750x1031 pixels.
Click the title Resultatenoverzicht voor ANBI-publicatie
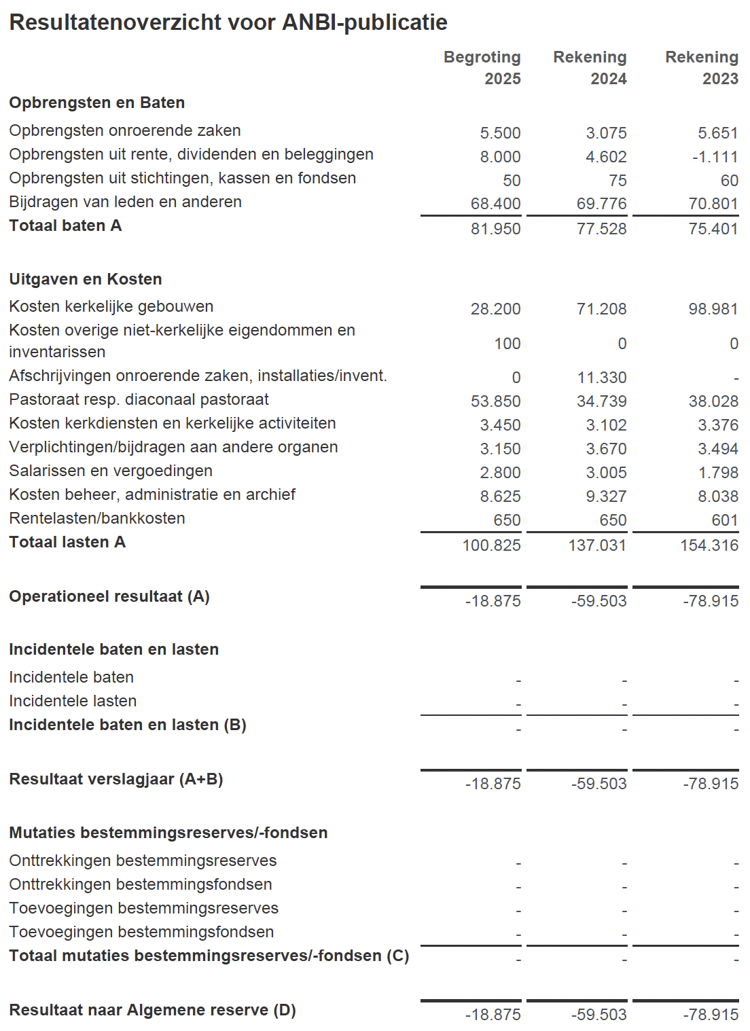228,22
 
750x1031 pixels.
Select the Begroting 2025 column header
482,67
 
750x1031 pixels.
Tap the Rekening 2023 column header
702,67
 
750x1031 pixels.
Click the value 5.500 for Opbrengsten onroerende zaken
500,133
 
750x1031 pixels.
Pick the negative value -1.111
715,157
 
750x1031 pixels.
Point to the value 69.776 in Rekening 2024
601,204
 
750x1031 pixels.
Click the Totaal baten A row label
65,225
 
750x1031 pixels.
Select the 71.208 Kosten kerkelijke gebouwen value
601,309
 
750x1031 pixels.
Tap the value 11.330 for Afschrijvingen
601,378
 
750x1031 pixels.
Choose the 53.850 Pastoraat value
495,401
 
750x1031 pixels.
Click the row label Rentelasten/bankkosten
97,518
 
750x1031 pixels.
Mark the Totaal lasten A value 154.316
709,545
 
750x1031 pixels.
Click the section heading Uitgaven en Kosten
86,279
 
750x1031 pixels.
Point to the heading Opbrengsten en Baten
97,103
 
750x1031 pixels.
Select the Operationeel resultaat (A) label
109,596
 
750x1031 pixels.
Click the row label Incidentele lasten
73,701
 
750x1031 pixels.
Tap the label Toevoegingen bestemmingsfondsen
141,932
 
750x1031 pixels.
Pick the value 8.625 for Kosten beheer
500,496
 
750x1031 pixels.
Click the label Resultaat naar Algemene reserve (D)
152,1010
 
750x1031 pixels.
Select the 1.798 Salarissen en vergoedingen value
718,473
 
